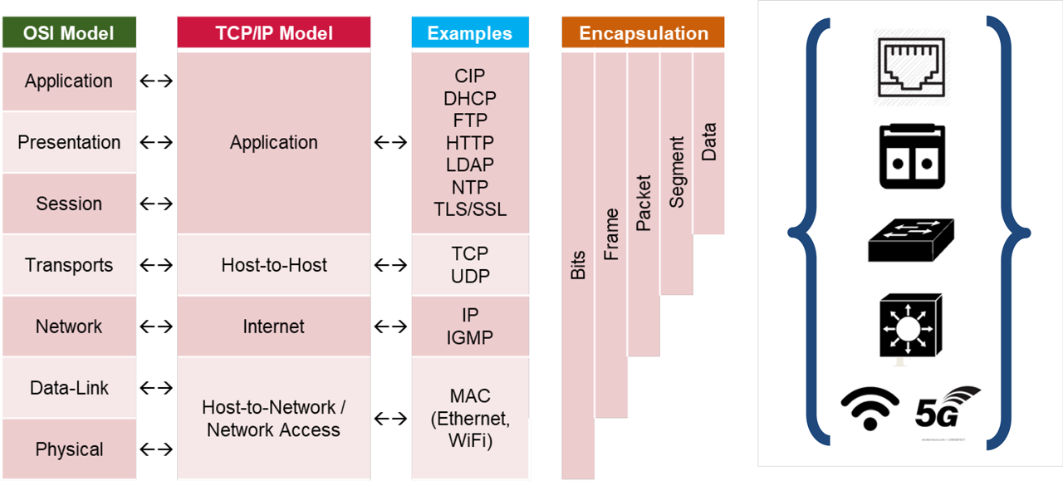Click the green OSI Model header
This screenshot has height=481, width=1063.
click(69, 33)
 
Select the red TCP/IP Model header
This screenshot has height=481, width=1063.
click(273, 33)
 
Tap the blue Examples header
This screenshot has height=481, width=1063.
click(470, 33)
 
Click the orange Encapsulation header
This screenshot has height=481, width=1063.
click(643, 33)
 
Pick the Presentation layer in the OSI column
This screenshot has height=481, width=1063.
click(69, 142)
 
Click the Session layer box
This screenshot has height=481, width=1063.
click(69, 204)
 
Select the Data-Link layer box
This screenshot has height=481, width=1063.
click(69, 388)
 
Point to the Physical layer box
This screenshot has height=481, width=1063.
click(69, 449)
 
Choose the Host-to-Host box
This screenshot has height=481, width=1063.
click(273, 265)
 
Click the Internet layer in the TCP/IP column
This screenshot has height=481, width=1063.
click(273, 326)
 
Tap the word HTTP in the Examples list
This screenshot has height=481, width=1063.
click(470, 143)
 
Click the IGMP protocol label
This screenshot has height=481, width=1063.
click(470, 338)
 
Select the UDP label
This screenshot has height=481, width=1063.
click(470, 277)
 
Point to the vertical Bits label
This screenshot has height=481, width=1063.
click(578, 265)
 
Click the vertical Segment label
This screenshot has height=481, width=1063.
click(677, 172)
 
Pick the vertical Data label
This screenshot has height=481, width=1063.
click(709, 142)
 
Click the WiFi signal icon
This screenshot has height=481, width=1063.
click(870, 408)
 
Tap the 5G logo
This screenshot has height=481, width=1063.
click(948, 407)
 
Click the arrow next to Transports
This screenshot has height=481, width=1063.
click(156, 266)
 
